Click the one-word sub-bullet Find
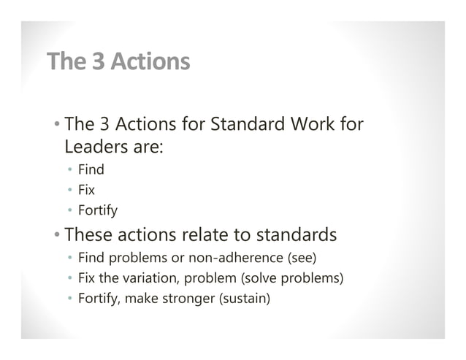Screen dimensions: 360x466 click(91, 170)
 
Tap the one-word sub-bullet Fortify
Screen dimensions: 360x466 click(98, 212)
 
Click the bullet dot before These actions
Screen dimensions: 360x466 click(56, 236)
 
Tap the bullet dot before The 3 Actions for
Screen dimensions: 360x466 click(56, 125)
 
